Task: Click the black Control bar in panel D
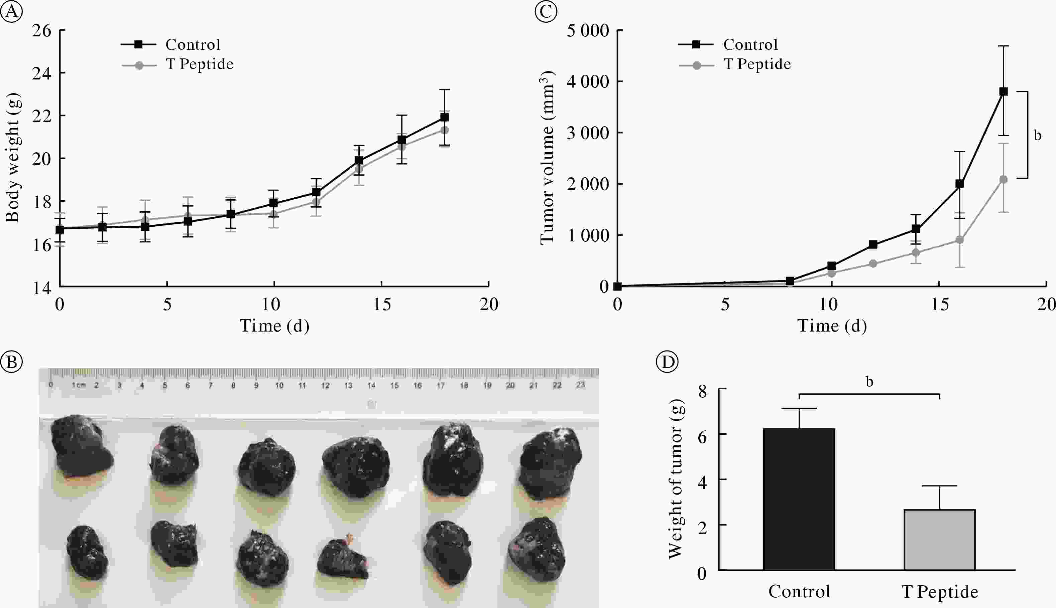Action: click(x=799, y=499)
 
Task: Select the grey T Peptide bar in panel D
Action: click(x=939, y=540)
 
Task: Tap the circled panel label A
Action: click(x=11, y=11)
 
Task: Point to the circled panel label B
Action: click(x=11, y=362)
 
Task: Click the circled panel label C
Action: click(x=546, y=11)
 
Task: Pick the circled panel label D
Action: click(x=667, y=362)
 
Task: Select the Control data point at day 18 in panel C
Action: click(x=1003, y=91)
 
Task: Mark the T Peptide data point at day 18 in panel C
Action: click(x=1003, y=180)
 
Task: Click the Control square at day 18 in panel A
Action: click(x=444, y=117)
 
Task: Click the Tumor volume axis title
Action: click(x=547, y=158)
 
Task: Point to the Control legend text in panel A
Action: click(x=193, y=45)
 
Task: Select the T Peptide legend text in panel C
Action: click(x=757, y=64)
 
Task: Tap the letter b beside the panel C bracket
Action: click(x=1038, y=135)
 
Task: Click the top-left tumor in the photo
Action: click(x=81, y=446)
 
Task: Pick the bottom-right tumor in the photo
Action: click(x=538, y=550)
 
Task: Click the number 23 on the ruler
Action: click(x=580, y=385)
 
